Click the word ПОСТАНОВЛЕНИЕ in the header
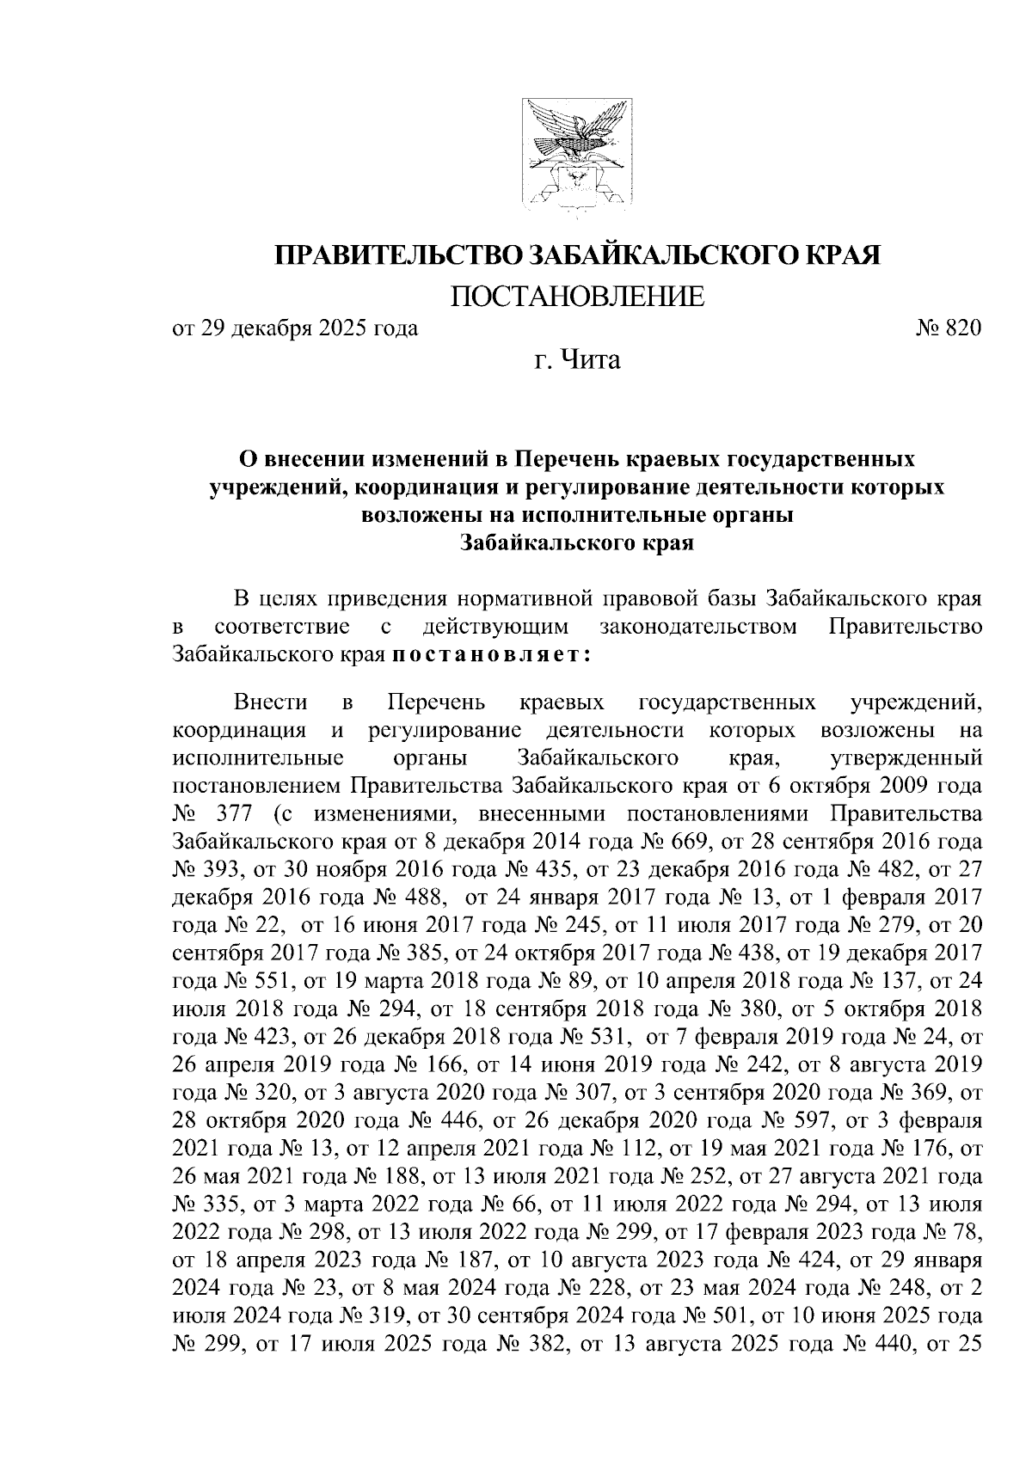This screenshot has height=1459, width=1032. tap(577, 297)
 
